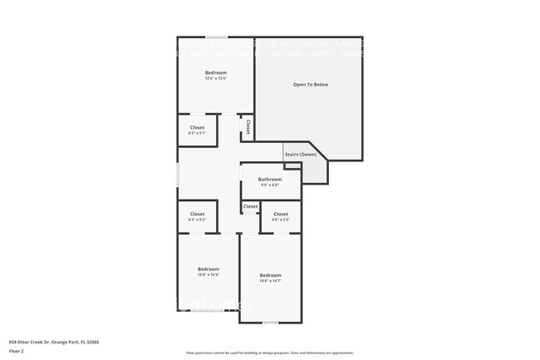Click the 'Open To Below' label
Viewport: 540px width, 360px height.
point(310,85)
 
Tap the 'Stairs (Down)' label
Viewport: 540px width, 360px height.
point(300,155)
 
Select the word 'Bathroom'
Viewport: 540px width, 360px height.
point(269,179)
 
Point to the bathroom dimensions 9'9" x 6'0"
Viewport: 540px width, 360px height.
point(269,185)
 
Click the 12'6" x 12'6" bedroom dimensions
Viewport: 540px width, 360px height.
point(216,79)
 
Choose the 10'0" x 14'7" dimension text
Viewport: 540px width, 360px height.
point(270,281)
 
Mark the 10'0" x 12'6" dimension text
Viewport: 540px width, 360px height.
point(208,274)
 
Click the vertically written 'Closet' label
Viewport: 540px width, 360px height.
point(248,127)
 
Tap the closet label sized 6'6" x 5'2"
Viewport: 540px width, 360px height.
point(281,219)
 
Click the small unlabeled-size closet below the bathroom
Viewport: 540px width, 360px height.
point(250,206)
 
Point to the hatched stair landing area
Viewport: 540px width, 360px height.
point(315,170)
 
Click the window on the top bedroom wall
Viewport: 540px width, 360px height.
point(217,37)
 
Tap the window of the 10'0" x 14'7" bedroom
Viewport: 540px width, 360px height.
point(270,323)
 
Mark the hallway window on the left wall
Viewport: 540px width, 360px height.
point(178,175)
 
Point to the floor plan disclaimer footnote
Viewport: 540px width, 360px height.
point(269,353)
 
